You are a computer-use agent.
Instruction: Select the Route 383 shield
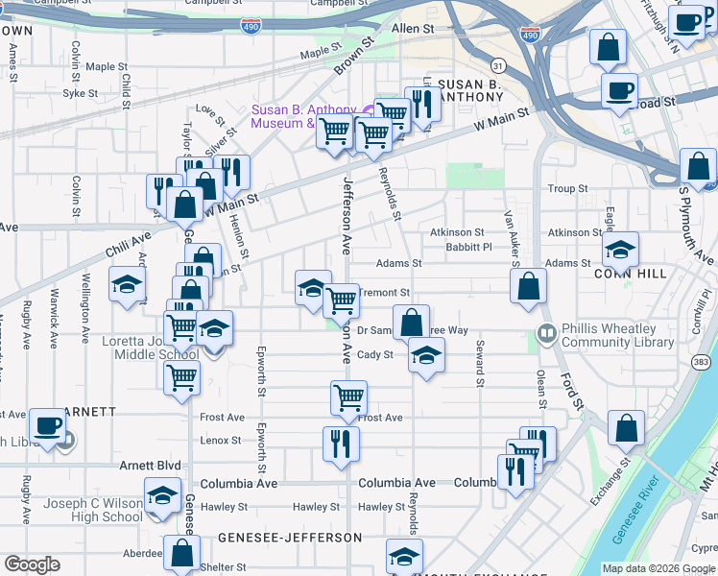pyautogui.click(x=702, y=361)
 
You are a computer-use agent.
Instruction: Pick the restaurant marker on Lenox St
pyautogui.click(x=341, y=444)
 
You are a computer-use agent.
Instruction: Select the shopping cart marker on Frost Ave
pyautogui.click(x=348, y=396)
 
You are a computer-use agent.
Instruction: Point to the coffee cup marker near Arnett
pyautogui.click(x=46, y=425)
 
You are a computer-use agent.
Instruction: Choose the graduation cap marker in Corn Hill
pyautogui.click(x=620, y=250)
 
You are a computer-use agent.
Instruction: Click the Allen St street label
pyautogui.click(x=413, y=30)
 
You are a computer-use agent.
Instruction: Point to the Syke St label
pyautogui.click(x=81, y=94)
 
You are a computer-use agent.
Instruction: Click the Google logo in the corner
pyautogui.click(x=32, y=564)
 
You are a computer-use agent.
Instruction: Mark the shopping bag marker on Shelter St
pyautogui.click(x=181, y=553)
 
